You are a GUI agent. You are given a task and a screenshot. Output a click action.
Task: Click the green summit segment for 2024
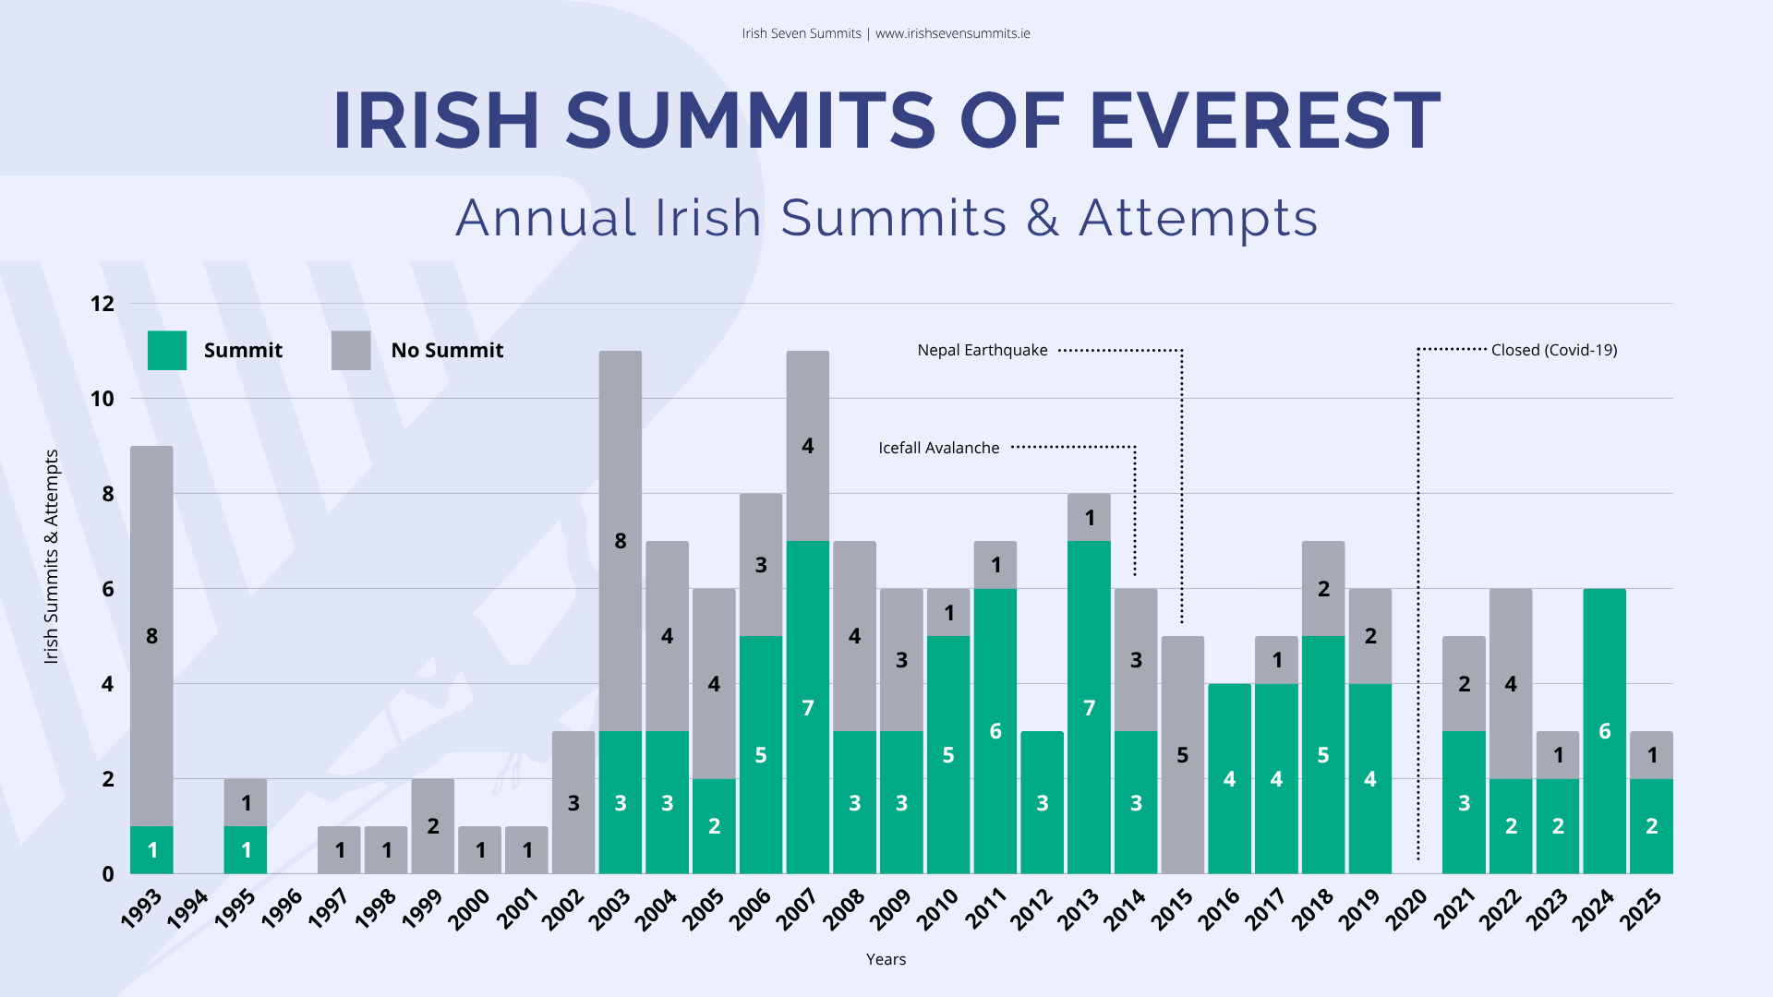(x=1604, y=731)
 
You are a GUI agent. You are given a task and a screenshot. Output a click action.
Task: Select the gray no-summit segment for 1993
(x=151, y=636)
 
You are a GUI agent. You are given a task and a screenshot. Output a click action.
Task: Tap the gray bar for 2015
(x=1182, y=755)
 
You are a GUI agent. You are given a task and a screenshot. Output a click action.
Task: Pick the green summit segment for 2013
(x=1089, y=707)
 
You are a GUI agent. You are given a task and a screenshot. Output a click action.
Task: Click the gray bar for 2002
(x=573, y=802)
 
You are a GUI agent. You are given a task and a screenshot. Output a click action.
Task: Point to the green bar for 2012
(x=1042, y=802)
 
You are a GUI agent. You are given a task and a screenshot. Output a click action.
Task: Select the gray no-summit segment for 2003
(x=621, y=541)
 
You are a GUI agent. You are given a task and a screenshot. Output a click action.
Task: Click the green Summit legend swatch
(x=167, y=351)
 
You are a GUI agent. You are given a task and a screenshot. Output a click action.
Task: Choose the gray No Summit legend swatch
(x=351, y=351)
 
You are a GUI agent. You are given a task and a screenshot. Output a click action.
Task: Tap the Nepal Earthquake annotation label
(x=983, y=351)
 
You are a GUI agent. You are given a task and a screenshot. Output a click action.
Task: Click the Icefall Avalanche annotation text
(x=938, y=448)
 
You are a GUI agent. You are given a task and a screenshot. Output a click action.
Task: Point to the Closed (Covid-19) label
(x=1554, y=351)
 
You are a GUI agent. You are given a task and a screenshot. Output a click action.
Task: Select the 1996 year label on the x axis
(x=282, y=908)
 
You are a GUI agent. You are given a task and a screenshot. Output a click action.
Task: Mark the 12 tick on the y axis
(x=103, y=304)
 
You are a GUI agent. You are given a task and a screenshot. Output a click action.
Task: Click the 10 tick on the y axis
(x=103, y=399)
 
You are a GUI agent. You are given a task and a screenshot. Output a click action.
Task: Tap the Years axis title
(x=886, y=959)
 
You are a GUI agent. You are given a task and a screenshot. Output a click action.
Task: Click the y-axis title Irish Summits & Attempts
(x=52, y=557)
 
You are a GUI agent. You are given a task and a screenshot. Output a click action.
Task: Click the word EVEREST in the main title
(x=1264, y=121)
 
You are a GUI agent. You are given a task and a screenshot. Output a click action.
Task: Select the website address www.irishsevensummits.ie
(x=952, y=34)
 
